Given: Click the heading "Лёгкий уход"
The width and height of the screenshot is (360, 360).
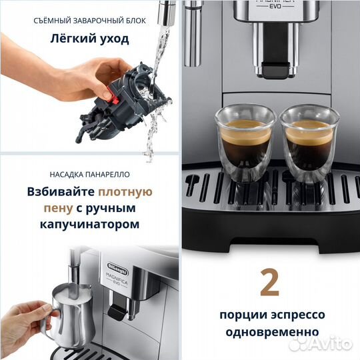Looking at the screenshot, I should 89,38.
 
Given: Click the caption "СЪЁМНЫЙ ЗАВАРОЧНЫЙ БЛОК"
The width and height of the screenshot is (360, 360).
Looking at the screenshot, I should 89,20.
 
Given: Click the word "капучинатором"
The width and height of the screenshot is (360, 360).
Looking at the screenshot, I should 89,225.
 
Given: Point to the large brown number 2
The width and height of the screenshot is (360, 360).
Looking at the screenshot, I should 269,283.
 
